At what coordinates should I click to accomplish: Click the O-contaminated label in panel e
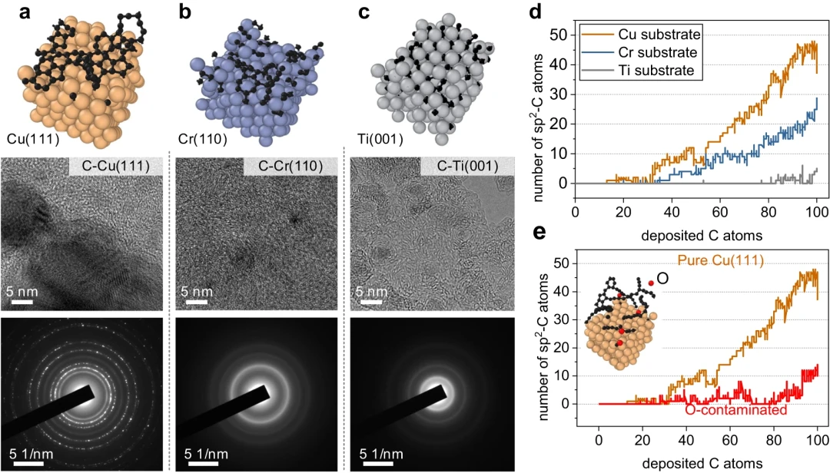click(x=735, y=411)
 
